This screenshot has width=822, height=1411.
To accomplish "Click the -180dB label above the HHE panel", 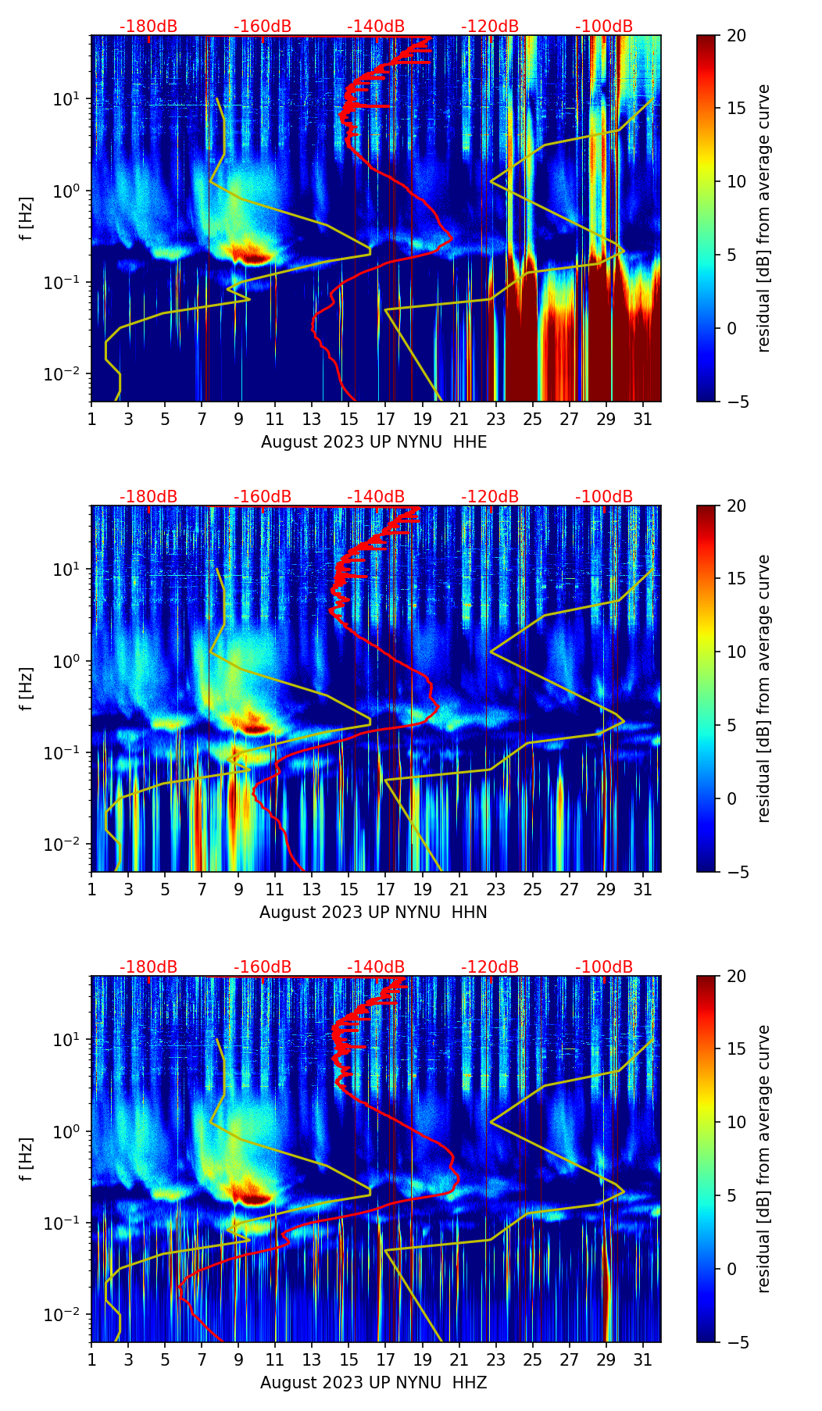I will [x=148, y=27].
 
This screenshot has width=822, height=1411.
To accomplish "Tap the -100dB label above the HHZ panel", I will [x=604, y=967].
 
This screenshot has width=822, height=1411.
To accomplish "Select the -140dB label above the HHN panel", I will [x=376, y=497].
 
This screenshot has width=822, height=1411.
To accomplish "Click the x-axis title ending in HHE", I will [x=373, y=442].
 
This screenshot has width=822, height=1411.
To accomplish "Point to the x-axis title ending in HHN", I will [x=373, y=913].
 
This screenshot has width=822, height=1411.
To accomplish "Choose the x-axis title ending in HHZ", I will [x=373, y=1383].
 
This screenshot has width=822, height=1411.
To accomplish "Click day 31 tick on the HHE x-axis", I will [x=642, y=419].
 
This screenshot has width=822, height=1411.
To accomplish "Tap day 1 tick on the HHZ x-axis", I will [x=92, y=1359].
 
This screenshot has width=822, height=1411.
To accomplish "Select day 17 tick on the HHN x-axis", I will [x=385, y=889].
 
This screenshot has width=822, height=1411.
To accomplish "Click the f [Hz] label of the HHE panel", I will [x=27, y=219].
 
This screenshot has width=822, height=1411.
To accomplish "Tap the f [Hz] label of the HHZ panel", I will [x=27, y=1159].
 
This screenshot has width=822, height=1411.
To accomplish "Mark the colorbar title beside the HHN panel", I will [x=764, y=688].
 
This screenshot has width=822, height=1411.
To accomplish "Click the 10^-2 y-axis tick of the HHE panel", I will [x=67, y=374].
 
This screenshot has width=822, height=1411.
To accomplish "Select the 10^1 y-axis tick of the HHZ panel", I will [x=69, y=1040].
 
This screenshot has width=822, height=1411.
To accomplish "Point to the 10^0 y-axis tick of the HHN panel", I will [x=69, y=661].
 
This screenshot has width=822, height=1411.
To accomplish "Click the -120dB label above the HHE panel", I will [x=490, y=27].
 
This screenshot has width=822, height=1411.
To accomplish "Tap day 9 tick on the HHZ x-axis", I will [x=239, y=1359].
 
